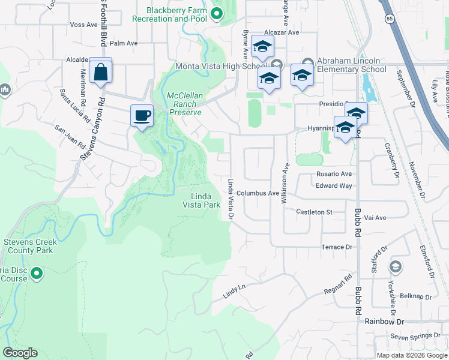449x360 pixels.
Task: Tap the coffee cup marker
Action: [142, 115]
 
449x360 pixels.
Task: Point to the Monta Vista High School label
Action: [221, 66]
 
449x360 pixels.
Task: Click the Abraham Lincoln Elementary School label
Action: [351, 65]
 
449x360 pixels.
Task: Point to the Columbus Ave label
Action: [258, 194]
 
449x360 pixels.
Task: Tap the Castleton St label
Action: [315, 212]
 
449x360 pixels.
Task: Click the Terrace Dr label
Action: [336, 247]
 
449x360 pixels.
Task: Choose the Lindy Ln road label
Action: [234, 288]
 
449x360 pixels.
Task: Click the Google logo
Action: [20, 353]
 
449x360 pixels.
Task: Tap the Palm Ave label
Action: [124, 43]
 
